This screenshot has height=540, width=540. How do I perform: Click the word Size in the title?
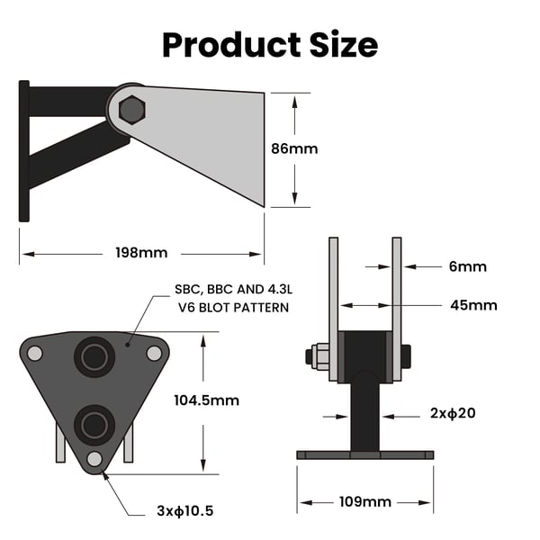[x=344, y=45]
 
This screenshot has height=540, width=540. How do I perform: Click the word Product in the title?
[x=231, y=45]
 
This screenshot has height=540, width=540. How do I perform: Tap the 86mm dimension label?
[x=294, y=148]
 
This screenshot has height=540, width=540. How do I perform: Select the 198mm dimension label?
[x=141, y=253]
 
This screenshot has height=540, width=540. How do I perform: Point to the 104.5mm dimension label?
[x=207, y=400]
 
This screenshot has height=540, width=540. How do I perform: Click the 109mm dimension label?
[x=365, y=502]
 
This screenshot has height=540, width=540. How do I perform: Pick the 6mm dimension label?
[x=468, y=266]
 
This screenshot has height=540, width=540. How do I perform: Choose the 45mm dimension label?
[x=474, y=305]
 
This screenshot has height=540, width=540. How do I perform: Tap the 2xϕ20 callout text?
[x=453, y=413]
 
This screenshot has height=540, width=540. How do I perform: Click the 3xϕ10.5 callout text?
[x=185, y=510]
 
